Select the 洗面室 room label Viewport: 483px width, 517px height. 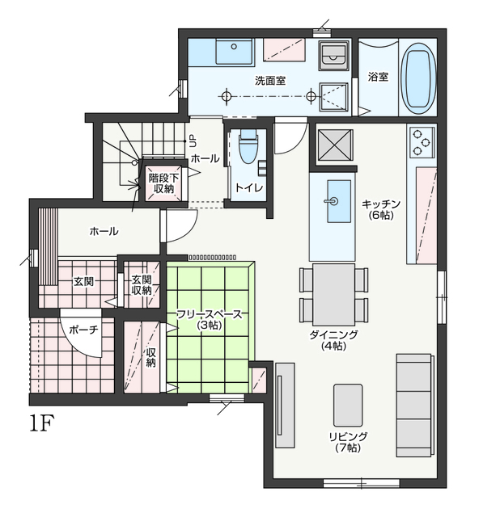coord(270,81)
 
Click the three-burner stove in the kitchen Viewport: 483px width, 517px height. coord(422,142)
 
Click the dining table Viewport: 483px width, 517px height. coord(334,294)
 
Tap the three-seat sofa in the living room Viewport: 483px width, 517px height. coord(414,406)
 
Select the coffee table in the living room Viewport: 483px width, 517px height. coord(348,406)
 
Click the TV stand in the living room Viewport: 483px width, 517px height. coord(285,406)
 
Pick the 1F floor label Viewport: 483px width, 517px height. coord(41,423)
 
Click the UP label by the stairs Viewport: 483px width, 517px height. coord(193,141)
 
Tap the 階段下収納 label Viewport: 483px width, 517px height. coord(163,183)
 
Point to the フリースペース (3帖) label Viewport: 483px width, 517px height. coord(210,319)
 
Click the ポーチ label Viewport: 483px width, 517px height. coord(83,330)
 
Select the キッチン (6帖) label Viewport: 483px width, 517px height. coord(381,209)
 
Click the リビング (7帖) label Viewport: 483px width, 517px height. coord(348,442)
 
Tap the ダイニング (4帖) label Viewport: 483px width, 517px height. coord(333,340)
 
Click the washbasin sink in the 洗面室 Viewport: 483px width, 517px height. coord(234,51)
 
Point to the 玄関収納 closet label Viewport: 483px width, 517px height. coord(142,285)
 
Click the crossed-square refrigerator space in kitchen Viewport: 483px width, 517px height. coord(335,145)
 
